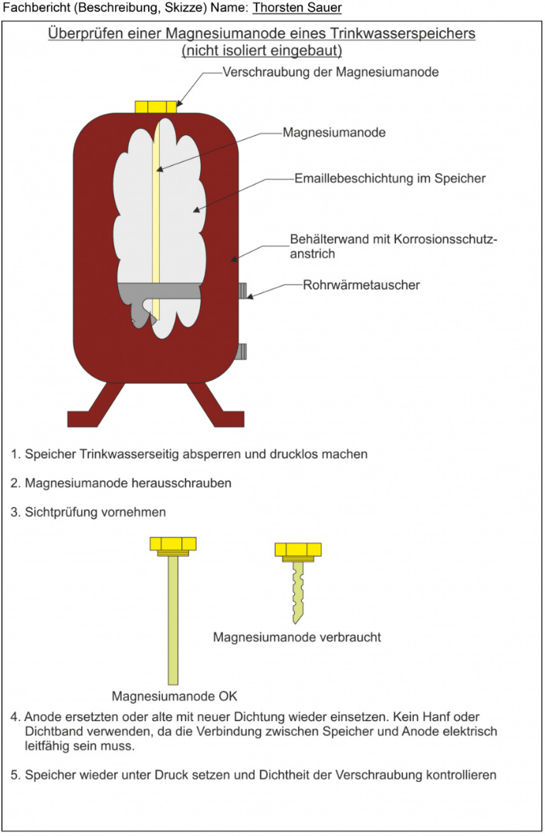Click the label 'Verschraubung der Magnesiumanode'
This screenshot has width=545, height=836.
(x=330, y=73)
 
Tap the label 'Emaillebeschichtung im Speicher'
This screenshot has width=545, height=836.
(x=390, y=178)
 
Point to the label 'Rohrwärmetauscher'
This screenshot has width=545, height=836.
(x=363, y=285)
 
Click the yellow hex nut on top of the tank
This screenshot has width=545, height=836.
(x=156, y=107)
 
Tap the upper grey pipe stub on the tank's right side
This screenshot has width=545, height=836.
(x=242, y=290)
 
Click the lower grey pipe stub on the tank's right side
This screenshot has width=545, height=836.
(x=242, y=352)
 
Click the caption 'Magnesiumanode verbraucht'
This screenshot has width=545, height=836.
(x=297, y=638)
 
